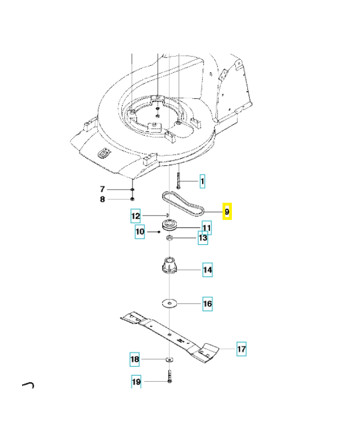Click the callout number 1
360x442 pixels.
click(x=202, y=181)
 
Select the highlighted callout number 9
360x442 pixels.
click(x=227, y=212)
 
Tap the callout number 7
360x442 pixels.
click(x=102, y=190)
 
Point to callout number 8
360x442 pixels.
click(x=102, y=199)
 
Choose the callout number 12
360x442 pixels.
click(x=136, y=215)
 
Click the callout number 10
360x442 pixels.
click(x=140, y=232)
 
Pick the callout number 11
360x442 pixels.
click(x=206, y=227)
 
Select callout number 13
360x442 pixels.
click(x=203, y=238)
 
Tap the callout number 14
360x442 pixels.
click(x=207, y=270)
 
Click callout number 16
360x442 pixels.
click(x=207, y=303)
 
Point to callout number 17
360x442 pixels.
click(x=241, y=349)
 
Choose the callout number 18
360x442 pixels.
click(x=135, y=360)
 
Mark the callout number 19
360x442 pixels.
click(x=136, y=381)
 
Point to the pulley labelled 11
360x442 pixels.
click(x=170, y=226)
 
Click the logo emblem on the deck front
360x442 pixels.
click(x=103, y=156)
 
